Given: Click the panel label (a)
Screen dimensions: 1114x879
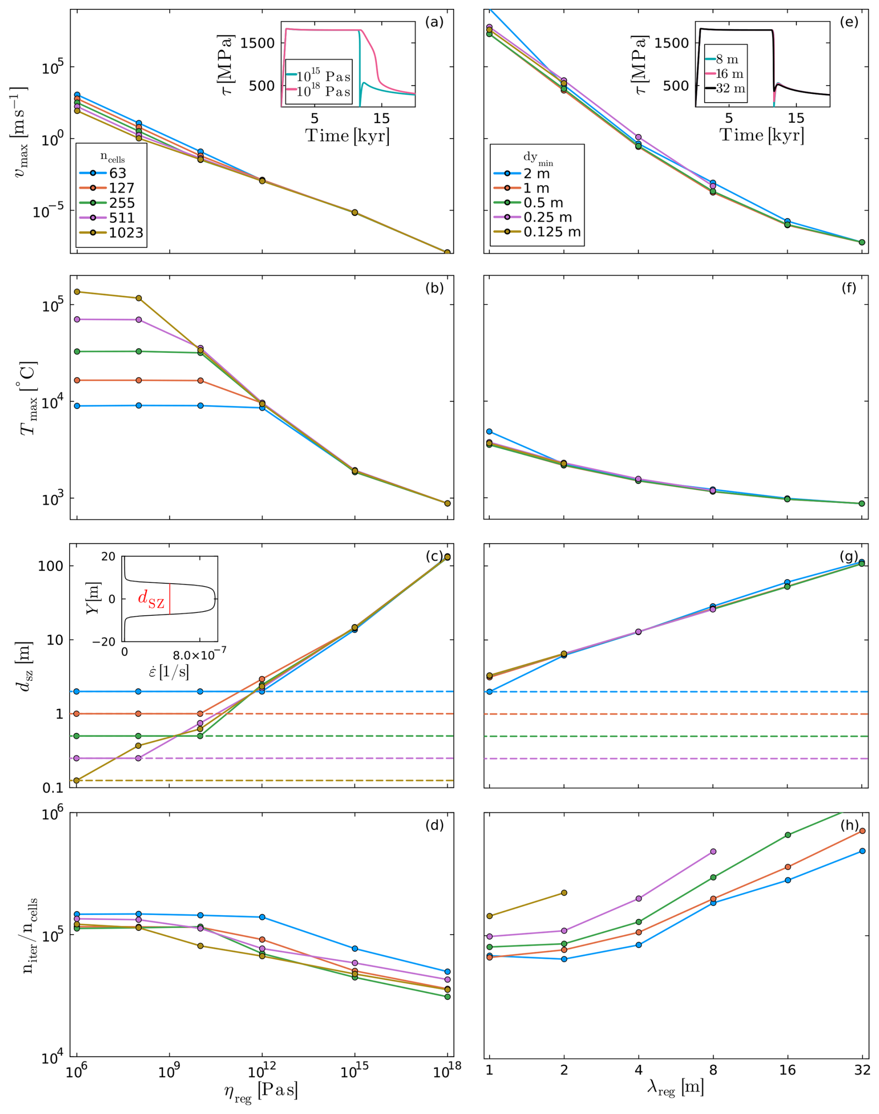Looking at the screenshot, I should (x=434, y=22).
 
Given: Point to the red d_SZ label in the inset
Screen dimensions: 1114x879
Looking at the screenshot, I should (x=151, y=599).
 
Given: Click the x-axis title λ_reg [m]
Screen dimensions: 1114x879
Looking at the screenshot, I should (x=675, y=1088).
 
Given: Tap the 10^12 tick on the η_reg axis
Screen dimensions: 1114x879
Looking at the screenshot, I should (x=262, y=1070).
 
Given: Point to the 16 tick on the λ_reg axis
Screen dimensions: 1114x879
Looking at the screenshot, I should (x=787, y=1070).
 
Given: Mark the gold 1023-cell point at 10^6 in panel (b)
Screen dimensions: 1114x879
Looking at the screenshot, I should (x=77, y=292).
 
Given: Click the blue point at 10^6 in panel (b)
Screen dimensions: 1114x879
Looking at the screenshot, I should (x=77, y=406).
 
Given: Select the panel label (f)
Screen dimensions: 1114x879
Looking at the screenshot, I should (x=849, y=288).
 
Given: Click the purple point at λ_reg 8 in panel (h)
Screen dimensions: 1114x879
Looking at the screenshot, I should (x=713, y=851).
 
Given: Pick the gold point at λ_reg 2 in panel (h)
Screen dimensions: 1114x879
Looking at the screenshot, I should (x=564, y=893).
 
